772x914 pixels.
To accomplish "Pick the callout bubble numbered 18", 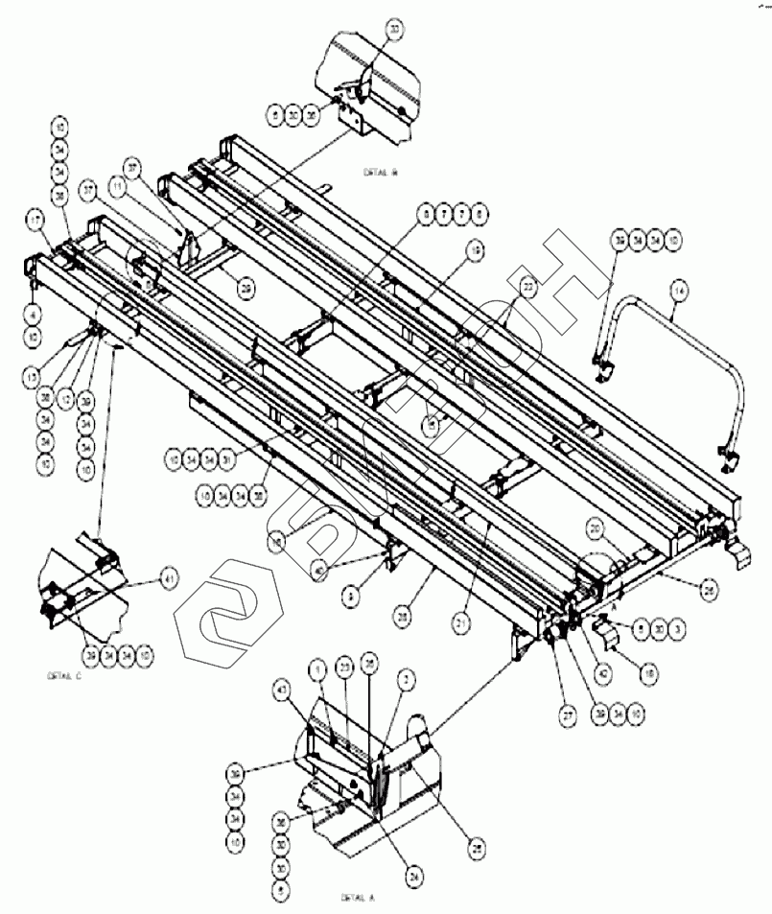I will click(649, 676).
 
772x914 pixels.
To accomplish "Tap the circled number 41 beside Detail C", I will click(169, 578).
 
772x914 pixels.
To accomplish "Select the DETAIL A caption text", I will click(356, 899).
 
